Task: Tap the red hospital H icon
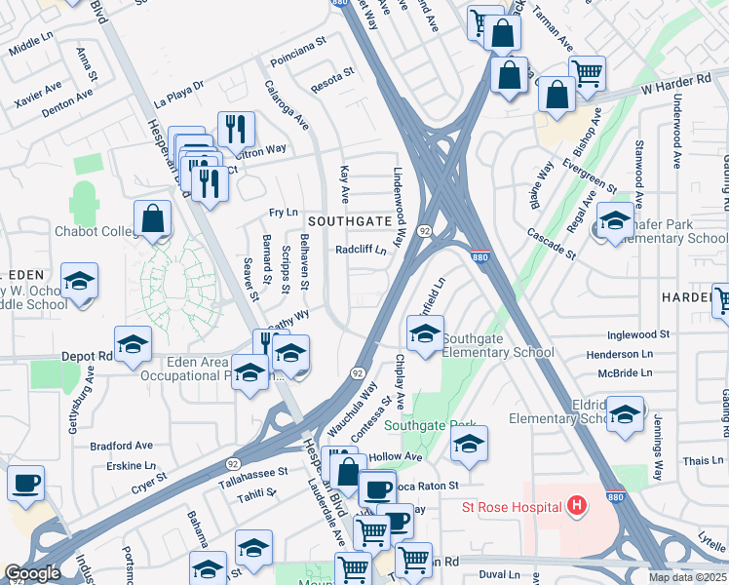[x=578, y=506]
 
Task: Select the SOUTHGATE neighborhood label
[x=350, y=221]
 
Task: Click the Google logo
[x=32, y=573]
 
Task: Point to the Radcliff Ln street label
[x=361, y=250]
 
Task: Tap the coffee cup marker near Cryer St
[x=25, y=483]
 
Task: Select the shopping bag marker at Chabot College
[x=153, y=219]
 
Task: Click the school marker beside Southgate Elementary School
[x=425, y=334]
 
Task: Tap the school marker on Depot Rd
[x=133, y=344]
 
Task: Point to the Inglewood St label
[x=638, y=334]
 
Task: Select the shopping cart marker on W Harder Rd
[x=587, y=72]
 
